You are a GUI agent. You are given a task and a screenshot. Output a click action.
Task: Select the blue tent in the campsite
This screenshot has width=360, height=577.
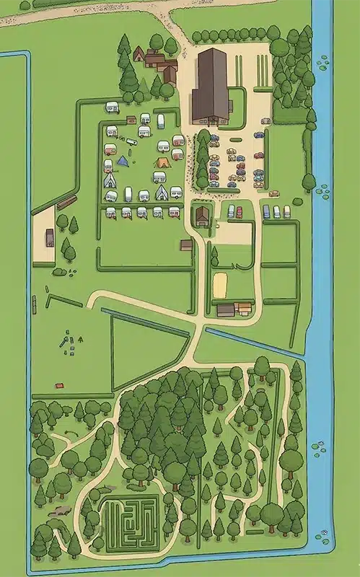pyautogui.click(x=123, y=161)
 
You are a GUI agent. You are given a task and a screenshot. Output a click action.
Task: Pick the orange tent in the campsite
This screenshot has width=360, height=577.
pyautogui.click(x=161, y=164)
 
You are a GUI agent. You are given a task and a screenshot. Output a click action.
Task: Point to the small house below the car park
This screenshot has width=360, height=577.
pyautogui.click(x=201, y=214)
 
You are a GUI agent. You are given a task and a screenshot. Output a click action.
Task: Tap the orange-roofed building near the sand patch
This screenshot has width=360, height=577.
pyautogui.click(x=244, y=308)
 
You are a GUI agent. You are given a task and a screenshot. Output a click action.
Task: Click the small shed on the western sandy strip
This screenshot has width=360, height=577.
pyautogui.click(x=50, y=237)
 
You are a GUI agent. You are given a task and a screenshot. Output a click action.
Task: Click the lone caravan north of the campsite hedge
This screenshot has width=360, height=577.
pyautogui.click(x=112, y=107)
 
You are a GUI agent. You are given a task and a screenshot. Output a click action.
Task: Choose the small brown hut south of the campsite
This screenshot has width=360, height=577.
pyautogui.click(x=186, y=245)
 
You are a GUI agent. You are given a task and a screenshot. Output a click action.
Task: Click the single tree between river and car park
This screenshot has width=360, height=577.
pyautogui.click(x=309, y=182)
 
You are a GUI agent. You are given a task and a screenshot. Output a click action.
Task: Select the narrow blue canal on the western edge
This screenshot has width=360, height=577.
pyautogui.click(x=30, y=216)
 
